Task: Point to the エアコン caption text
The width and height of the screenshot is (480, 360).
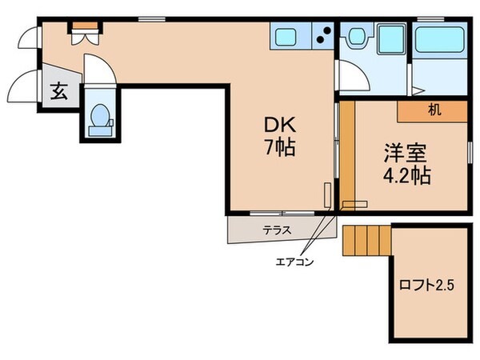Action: (x=294, y=262)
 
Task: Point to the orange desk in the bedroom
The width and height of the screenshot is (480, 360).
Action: (x=432, y=110)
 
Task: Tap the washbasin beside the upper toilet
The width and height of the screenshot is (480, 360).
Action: (x=390, y=38)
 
